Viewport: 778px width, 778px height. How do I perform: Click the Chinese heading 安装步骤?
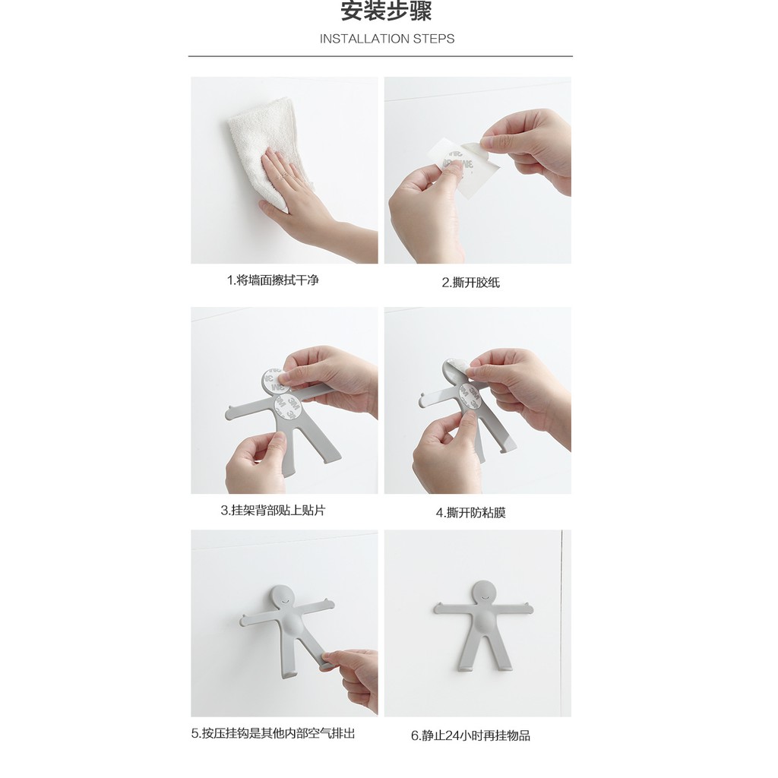[x=386, y=12]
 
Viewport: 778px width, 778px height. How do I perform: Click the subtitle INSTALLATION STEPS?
[x=387, y=39]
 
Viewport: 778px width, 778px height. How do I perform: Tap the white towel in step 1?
[x=262, y=137]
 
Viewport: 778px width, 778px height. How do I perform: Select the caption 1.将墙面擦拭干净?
[x=273, y=280]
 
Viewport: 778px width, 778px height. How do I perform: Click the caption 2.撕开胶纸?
[x=470, y=283]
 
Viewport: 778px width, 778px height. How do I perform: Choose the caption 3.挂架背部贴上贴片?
[x=273, y=511]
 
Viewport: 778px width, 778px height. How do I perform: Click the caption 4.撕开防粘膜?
[x=470, y=513]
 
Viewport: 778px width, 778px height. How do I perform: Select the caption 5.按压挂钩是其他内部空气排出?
[x=273, y=733]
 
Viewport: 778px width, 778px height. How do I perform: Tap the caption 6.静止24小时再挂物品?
[x=470, y=735]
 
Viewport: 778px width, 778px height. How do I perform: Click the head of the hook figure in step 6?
[x=483, y=593]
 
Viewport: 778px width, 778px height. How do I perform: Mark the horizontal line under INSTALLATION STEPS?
[x=380, y=56]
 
